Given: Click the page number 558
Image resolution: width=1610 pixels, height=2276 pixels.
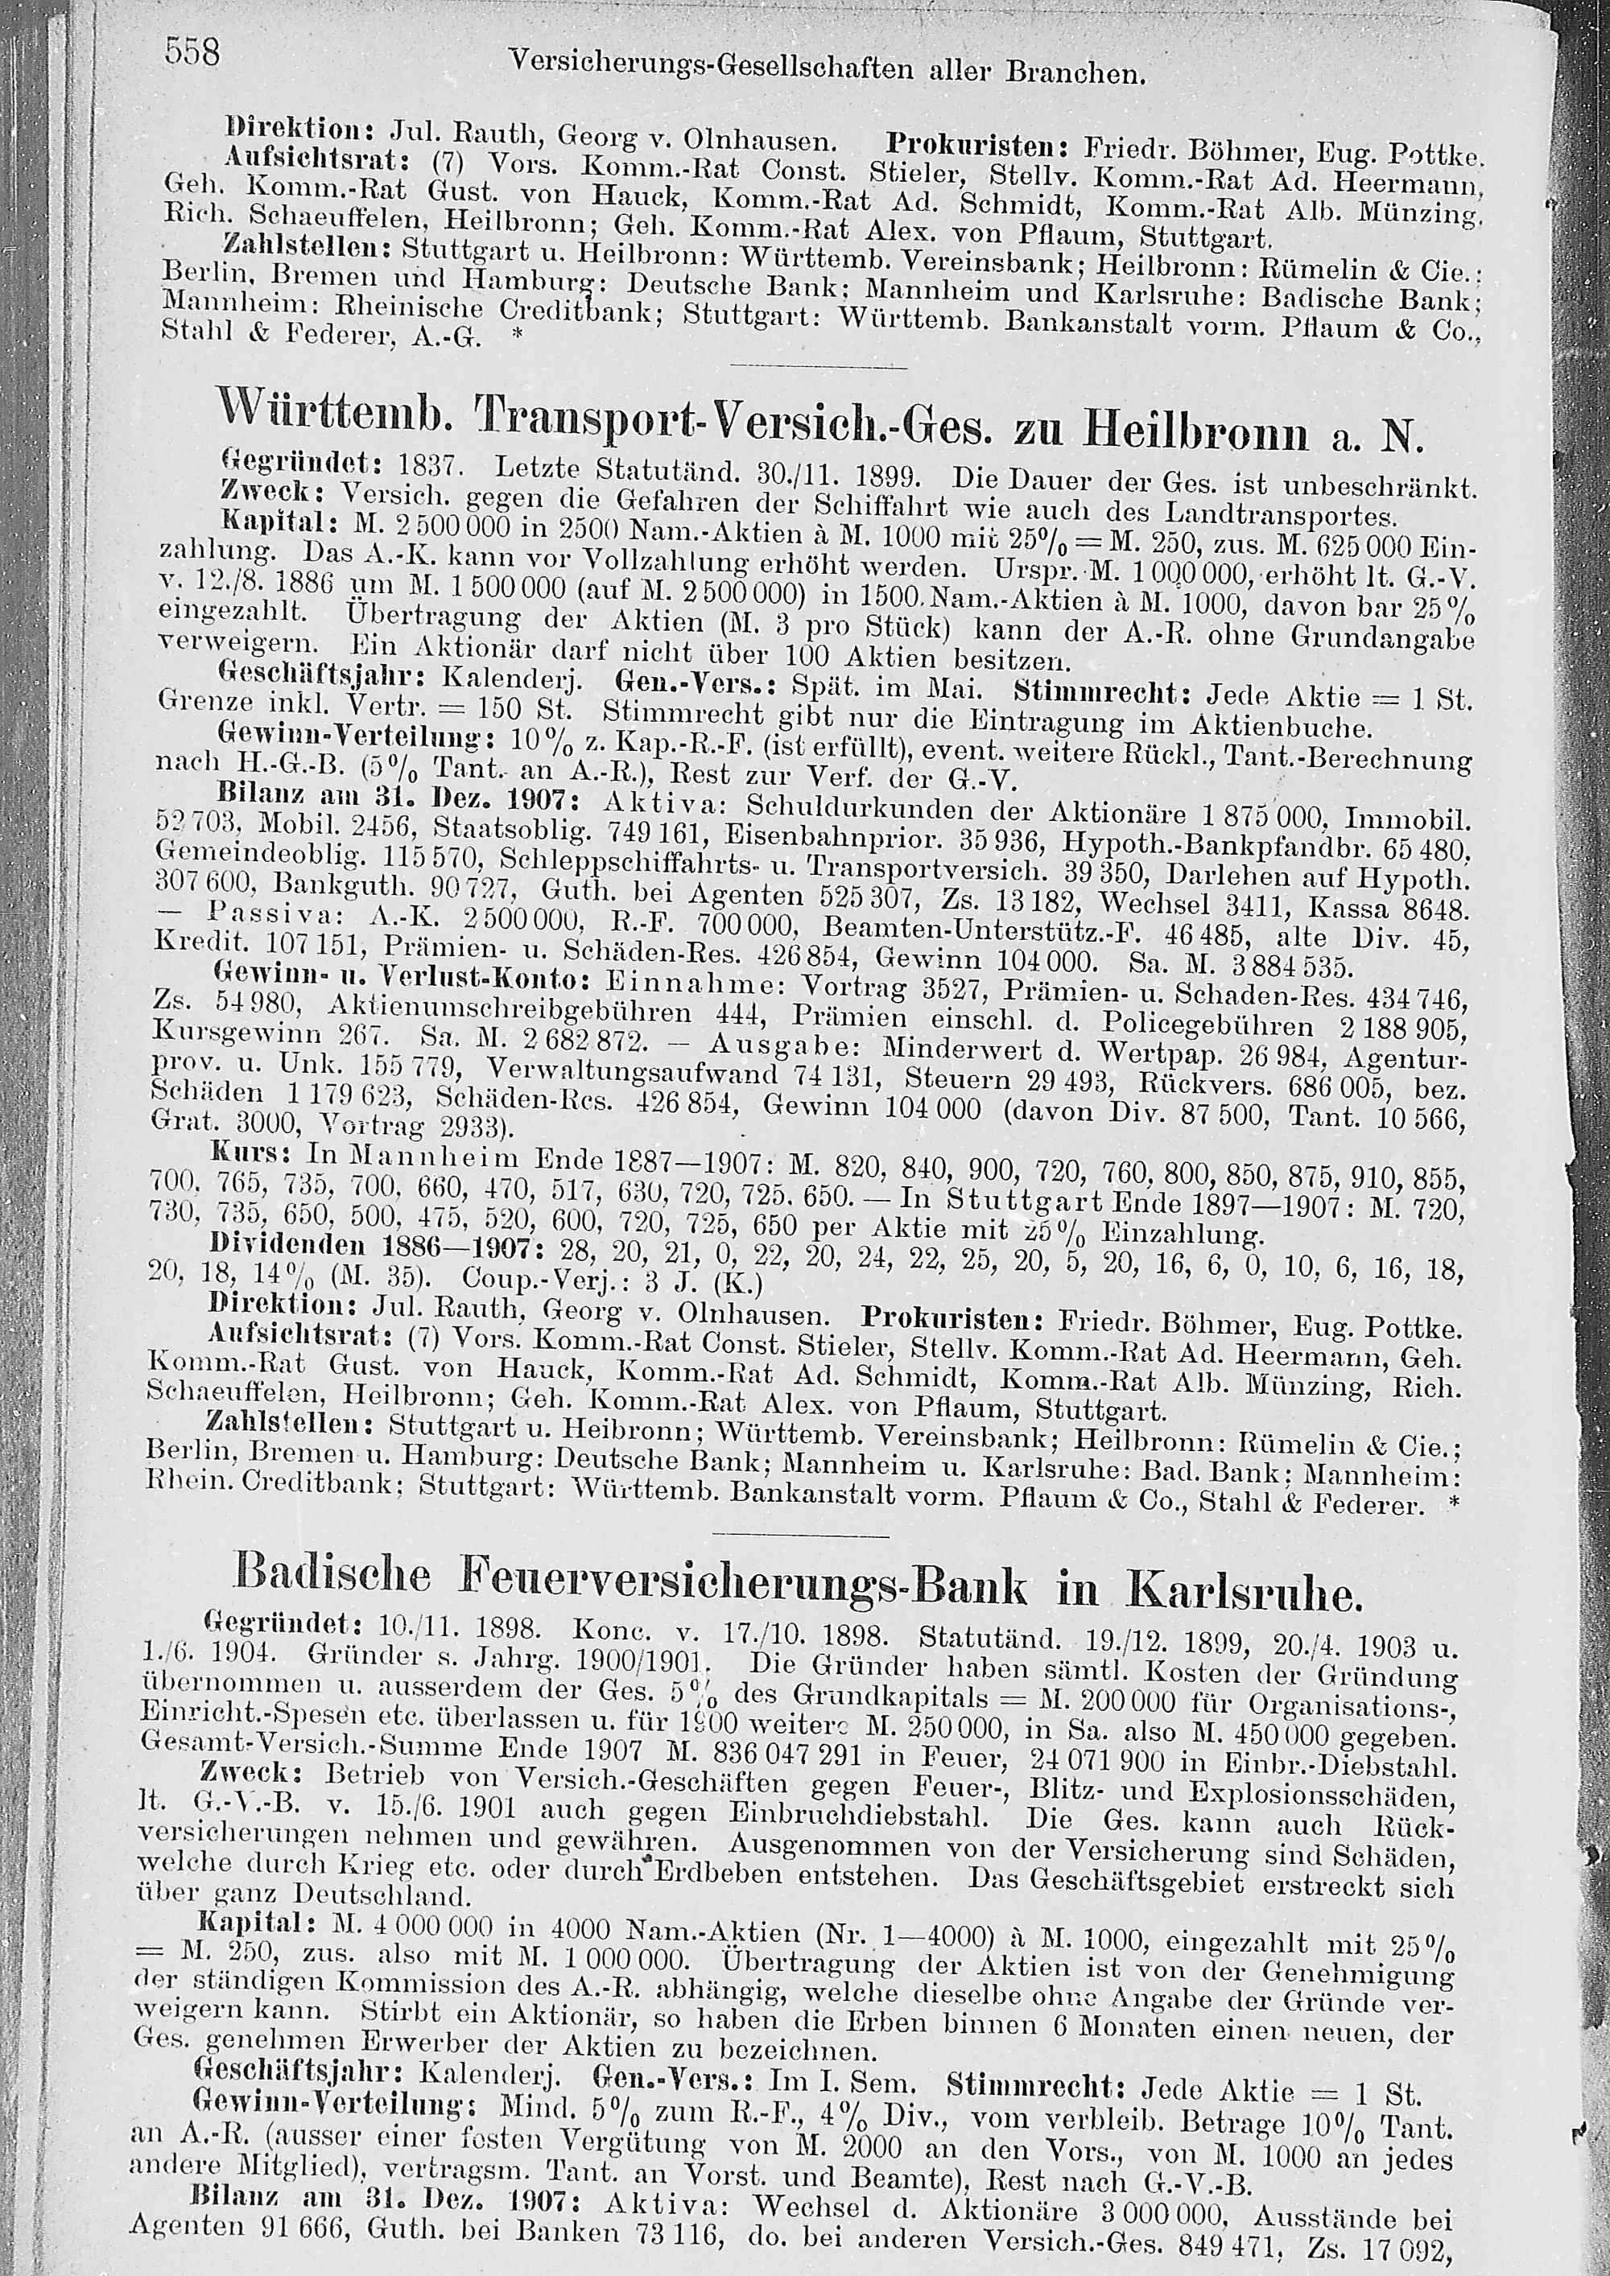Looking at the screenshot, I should click(x=192, y=51).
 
